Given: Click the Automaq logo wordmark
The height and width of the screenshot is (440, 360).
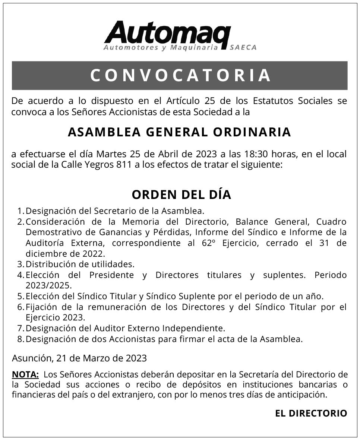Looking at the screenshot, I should click(x=168, y=33).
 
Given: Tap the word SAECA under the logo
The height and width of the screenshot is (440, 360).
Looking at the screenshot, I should click(x=243, y=48).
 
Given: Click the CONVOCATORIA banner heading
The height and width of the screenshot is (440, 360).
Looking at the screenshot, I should click(x=180, y=75).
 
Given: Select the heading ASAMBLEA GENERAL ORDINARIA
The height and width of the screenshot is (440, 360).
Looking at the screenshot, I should click(x=179, y=132).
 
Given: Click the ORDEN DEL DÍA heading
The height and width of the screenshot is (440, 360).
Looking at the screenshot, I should click(x=181, y=195).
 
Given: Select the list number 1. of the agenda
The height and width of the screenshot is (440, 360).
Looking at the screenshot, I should click(x=21, y=211).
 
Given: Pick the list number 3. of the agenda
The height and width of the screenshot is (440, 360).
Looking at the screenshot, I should click(x=21, y=265).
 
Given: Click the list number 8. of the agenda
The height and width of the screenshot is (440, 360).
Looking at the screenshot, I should click(x=21, y=339).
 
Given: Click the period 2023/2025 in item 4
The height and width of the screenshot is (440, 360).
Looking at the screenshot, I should click(x=48, y=286).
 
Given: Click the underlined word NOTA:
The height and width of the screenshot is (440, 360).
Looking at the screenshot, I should click(x=25, y=374).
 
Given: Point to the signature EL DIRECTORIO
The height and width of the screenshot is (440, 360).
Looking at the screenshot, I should click(x=311, y=413).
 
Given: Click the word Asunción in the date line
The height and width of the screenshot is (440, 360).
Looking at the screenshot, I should click(x=32, y=358).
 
